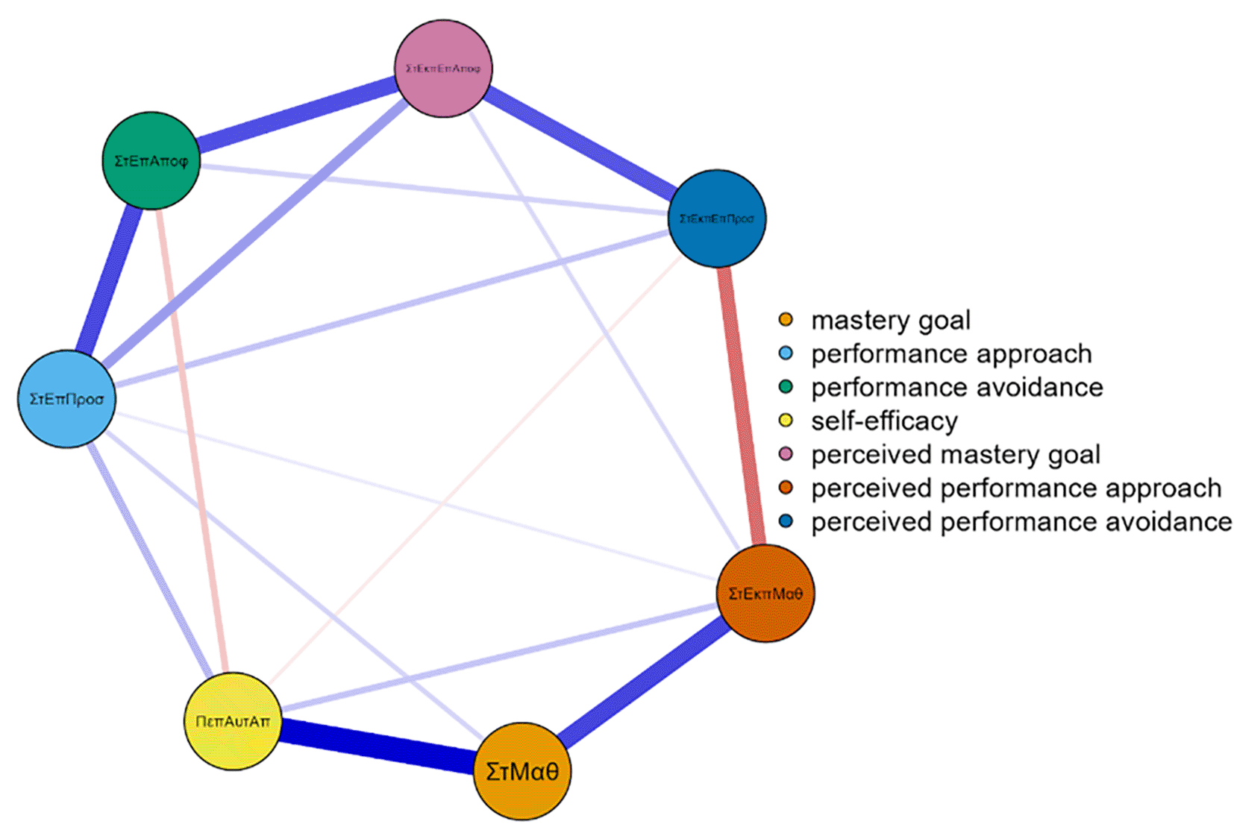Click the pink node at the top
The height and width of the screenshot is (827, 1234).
click(443, 69)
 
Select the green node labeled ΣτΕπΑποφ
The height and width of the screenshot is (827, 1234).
click(151, 160)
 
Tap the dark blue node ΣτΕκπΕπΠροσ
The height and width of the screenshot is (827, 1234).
click(716, 218)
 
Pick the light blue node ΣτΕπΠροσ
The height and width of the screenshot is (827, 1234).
click(66, 399)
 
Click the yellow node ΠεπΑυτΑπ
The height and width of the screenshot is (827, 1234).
click(233, 721)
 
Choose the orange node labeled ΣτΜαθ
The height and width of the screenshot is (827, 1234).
click(522, 771)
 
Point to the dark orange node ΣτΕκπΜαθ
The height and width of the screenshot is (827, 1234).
click(765, 594)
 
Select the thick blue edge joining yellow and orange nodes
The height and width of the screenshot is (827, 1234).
click(377, 746)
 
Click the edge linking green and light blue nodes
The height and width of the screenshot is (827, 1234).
click(109, 280)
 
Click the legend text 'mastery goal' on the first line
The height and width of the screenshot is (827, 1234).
click(891, 320)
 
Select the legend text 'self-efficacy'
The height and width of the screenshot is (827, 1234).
click(884, 421)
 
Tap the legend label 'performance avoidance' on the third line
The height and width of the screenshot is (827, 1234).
click(956, 387)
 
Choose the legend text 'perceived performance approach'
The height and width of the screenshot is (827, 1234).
click(1016, 488)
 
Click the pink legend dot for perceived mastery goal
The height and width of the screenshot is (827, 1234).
click(786, 454)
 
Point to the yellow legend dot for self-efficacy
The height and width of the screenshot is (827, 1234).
click(786, 421)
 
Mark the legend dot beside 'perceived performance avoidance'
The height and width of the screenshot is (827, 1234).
click(786, 521)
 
